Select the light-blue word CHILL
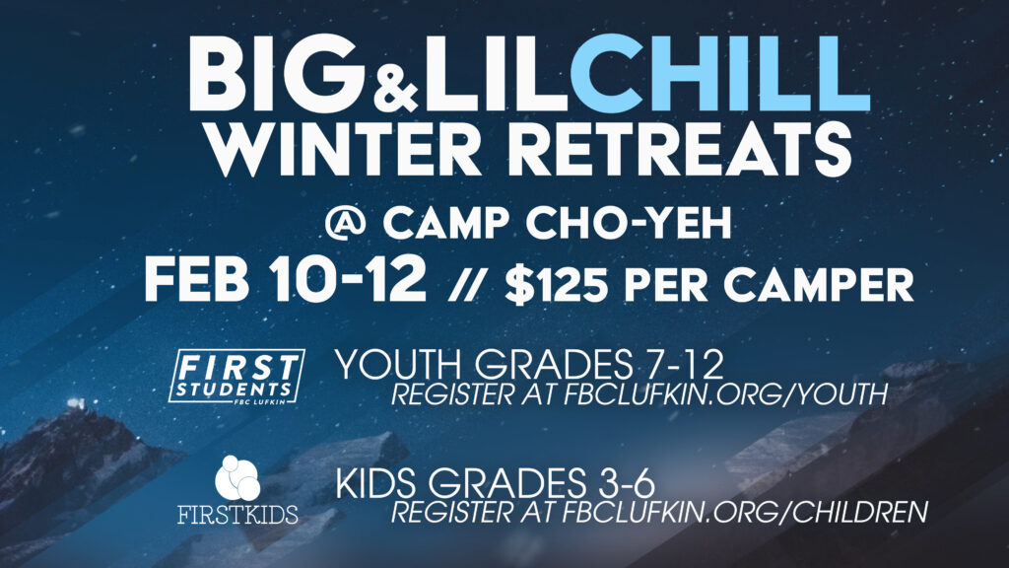(x=719, y=73)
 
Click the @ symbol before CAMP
(x=346, y=223)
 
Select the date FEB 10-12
(x=285, y=279)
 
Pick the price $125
(x=557, y=284)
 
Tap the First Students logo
(x=236, y=377)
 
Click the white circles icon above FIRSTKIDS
(x=237, y=478)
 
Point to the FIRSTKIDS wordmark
(x=237, y=515)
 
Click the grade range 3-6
(x=621, y=483)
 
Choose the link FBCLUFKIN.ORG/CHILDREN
(x=745, y=512)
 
